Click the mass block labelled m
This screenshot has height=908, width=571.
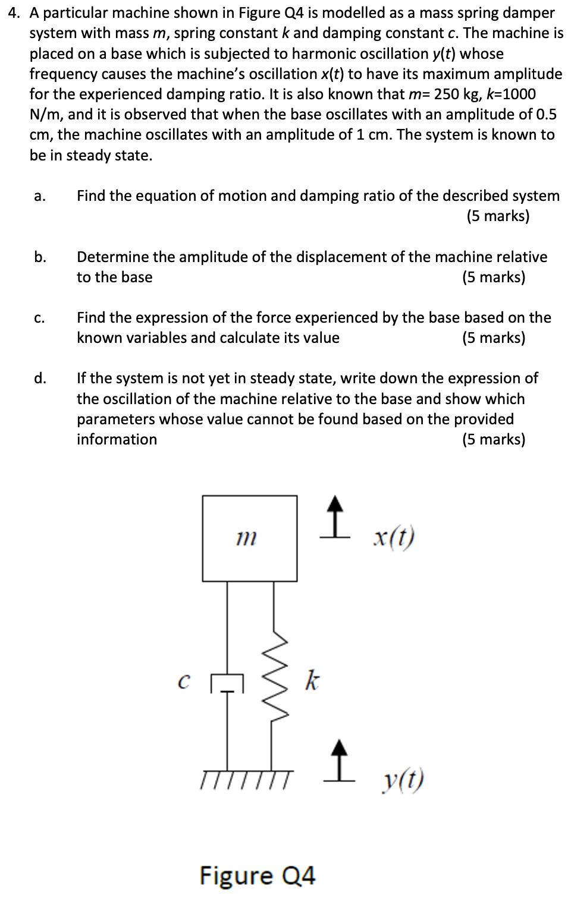249,538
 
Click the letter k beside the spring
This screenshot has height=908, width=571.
311,680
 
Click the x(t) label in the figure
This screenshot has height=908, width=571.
393,538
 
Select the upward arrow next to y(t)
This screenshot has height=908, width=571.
338,757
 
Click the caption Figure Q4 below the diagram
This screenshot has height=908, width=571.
257,875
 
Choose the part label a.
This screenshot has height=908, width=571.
39,197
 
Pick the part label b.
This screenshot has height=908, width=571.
40,257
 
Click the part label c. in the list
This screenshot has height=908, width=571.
39,319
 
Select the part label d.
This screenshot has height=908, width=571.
40,379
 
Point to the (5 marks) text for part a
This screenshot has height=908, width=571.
497,216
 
